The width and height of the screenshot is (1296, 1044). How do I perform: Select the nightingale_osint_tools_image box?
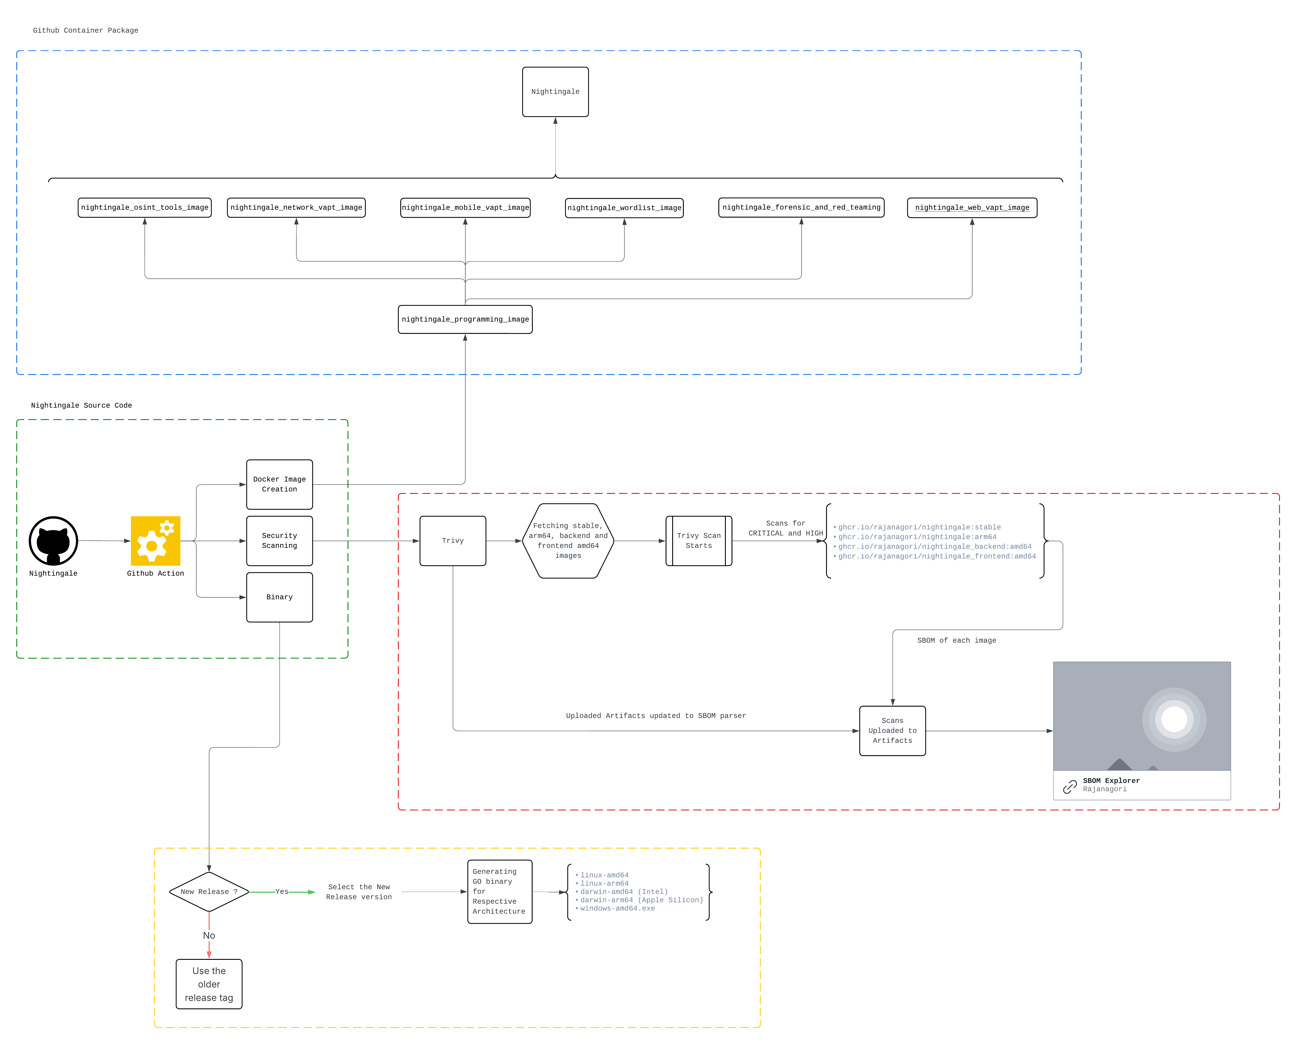[x=144, y=207]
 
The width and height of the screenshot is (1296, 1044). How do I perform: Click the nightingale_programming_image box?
[x=465, y=319]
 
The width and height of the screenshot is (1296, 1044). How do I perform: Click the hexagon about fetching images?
[x=568, y=541]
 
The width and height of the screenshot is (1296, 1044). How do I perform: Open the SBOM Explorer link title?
[x=1111, y=781]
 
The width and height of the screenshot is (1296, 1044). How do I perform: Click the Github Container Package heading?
[x=86, y=30]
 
